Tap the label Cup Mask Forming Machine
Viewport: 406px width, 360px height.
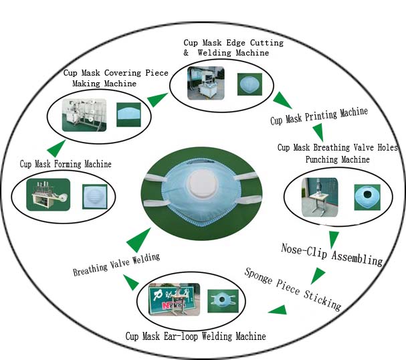[66, 163]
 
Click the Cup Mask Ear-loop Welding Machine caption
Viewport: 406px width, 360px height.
[196, 336]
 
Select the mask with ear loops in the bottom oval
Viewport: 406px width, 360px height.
[221, 300]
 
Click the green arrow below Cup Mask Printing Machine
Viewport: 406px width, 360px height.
[319, 132]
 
